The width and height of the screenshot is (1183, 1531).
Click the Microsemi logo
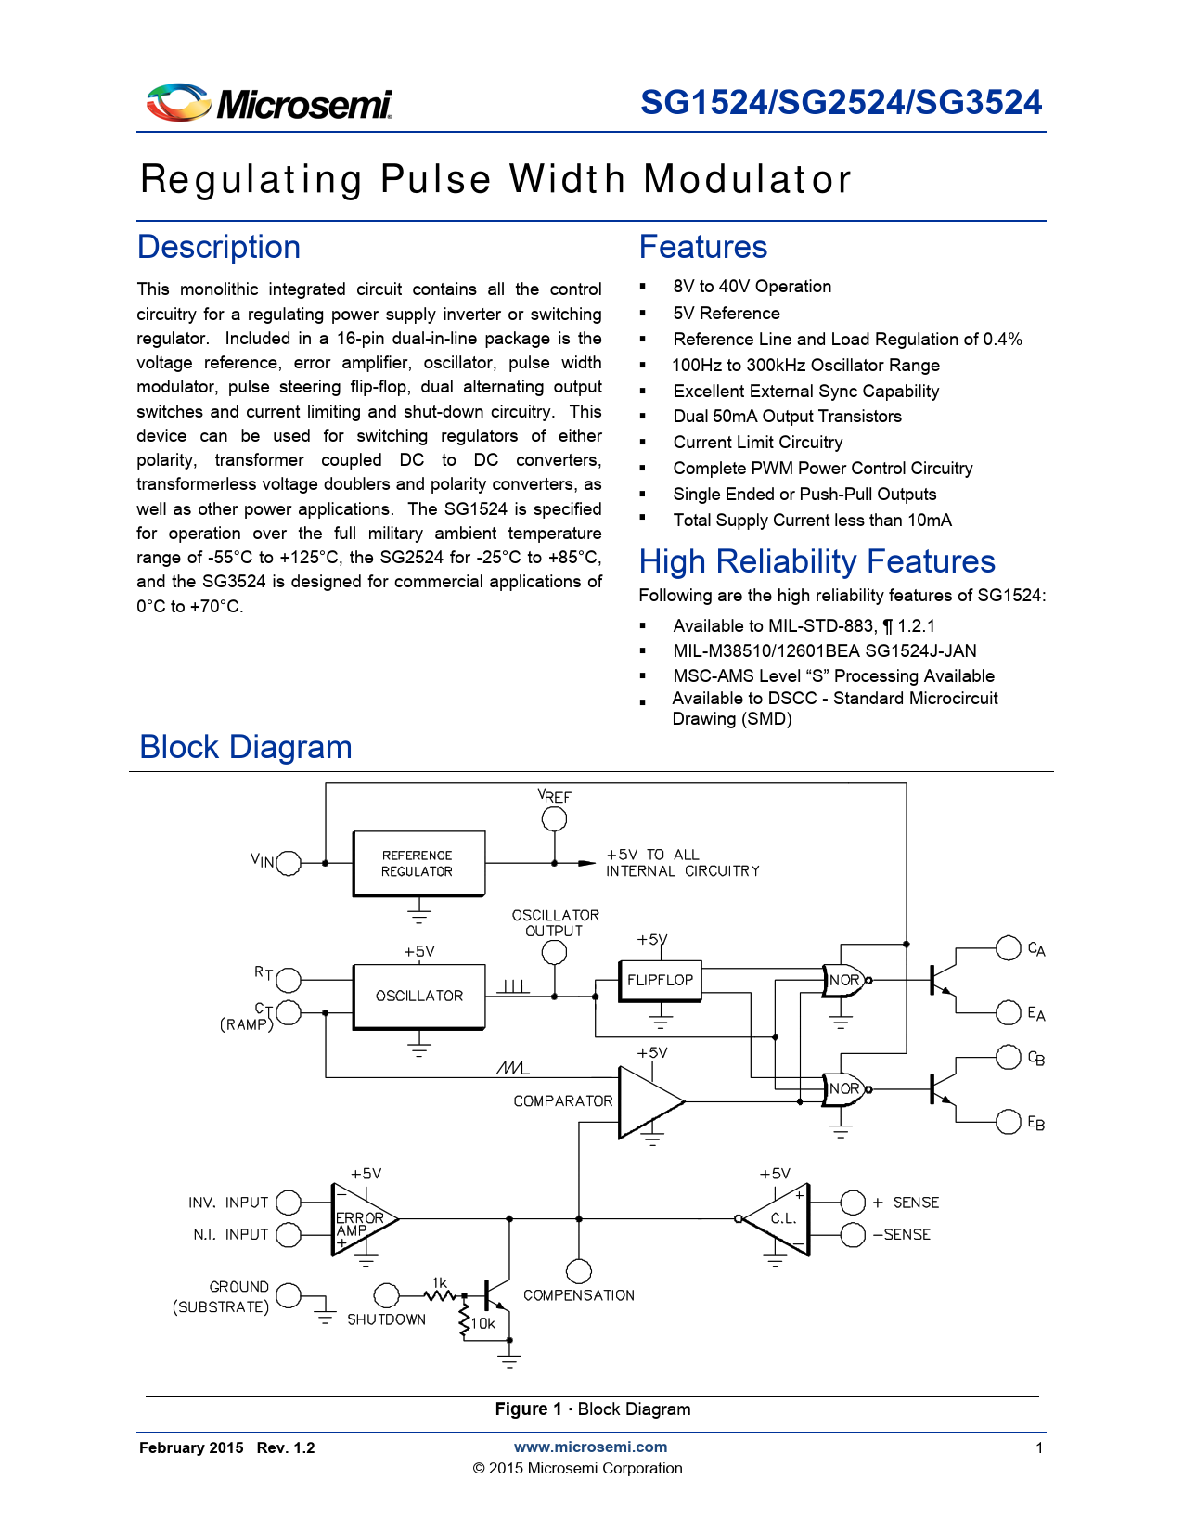click(268, 103)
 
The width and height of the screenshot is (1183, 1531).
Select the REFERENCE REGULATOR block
click(418, 864)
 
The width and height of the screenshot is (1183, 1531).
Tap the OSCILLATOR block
click(418, 997)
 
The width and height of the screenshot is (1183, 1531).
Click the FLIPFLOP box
click(660, 981)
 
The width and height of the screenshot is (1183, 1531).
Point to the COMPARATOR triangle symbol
click(648, 1102)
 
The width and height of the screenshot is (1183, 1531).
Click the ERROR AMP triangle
click(362, 1219)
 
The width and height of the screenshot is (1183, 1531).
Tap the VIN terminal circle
click(289, 863)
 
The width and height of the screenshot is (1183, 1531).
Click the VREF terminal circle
click(554, 819)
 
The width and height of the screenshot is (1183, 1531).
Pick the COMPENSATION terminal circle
click(579, 1271)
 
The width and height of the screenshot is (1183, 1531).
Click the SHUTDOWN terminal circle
click(386, 1294)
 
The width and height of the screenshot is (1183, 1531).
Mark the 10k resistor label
click(483, 1324)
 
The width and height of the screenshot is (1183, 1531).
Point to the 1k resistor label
click(439, 1283)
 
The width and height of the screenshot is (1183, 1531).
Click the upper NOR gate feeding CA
click(843, 980)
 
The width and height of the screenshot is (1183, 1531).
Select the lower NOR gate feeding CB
click(843, 1089)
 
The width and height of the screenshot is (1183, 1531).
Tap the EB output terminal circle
click(1009, 1122)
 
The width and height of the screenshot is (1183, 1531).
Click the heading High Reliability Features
click(817, 561)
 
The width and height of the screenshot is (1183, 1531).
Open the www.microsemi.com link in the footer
click(590, 1447)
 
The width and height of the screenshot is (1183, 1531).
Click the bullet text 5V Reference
click(727, 314)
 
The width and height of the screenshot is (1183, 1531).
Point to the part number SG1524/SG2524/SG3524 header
click(841, 102)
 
